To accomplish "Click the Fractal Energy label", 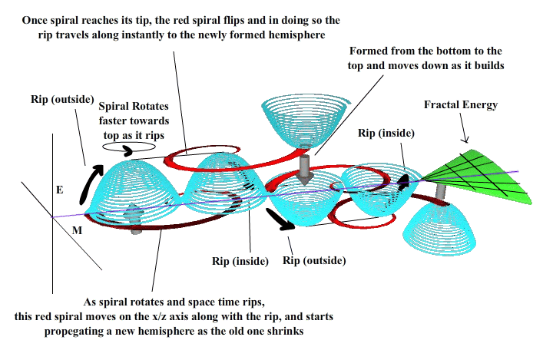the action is point(461,105).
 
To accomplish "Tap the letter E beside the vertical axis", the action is point(59,190).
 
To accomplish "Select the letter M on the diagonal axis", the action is point(77,230).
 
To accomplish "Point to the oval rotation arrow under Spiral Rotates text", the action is point(129,147).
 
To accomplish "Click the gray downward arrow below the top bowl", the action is point(305,170).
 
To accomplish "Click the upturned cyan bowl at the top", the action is point(305,121).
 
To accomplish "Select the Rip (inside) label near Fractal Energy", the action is point(386,133).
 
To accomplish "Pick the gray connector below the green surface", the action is point(441,193).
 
